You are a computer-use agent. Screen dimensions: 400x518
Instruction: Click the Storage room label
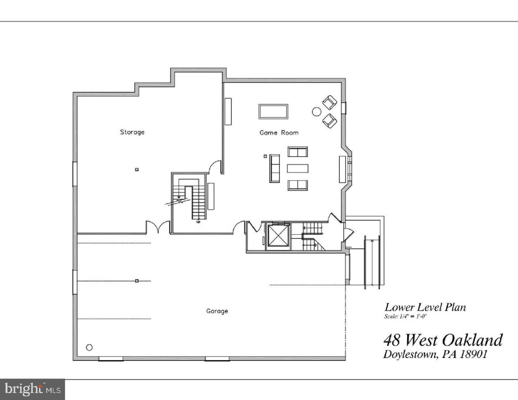click(x=132, y=132)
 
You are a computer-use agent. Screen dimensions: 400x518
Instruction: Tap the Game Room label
click(x=279, y=133)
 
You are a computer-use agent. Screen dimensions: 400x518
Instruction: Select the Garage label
click(x=217, y=311)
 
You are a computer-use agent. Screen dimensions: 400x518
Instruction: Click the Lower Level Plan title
click(x=425, y=307)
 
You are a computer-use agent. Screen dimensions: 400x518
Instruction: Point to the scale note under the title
click(x=405, y=317)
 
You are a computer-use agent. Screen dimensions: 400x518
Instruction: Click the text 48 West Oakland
click(x=443, y=340)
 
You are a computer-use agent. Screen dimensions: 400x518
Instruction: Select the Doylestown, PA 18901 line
click(x=435, y=354)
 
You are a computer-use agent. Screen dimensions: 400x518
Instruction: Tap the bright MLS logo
click(x=33, y=389)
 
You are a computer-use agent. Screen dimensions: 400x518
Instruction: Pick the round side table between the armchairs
click(x=316, y=111)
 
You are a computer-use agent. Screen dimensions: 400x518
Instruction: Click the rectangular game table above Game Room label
click(x=273, y=111)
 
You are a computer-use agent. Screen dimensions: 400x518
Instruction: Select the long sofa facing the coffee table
click(x=274, y=168)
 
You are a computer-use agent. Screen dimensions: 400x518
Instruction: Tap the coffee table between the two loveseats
click(x=297, y=168)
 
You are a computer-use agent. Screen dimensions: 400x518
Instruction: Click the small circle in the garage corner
click(x=89, y=347)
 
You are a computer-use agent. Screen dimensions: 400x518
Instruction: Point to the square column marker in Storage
click(x=137, y=170)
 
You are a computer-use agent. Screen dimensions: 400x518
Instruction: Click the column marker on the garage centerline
click(x=137, y=281)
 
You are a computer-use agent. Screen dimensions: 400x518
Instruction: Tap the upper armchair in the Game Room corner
click(x=329, y=102)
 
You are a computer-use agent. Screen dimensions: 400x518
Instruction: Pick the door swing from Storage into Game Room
click(x=215, y=168)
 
